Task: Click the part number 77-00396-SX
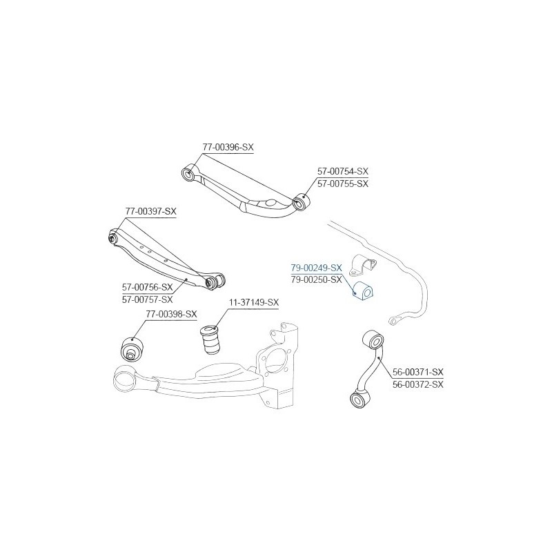pos(228,147)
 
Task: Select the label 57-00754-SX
pos(343,171)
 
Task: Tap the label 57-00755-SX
pos(343,184)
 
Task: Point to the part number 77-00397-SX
pos(150,211)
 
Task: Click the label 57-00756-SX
pos(148,287)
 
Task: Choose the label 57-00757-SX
pos(148,299)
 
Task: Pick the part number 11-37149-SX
pos(254,302)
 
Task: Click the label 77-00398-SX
pos(171,315)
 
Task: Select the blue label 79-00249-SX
pos(317,268)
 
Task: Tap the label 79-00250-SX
pos(317,280)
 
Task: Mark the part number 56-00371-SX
pos(418,372)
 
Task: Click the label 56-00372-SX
pos(418,384)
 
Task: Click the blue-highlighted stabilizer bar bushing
pos(364,291)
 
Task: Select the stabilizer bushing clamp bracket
pos(363,264)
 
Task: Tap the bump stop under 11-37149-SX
pos(210,339)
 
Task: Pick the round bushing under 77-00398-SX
pos(132,348)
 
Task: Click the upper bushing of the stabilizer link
pos(373,339)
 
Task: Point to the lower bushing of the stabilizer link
pos(361,399)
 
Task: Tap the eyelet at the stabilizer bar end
pos(395,320)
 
